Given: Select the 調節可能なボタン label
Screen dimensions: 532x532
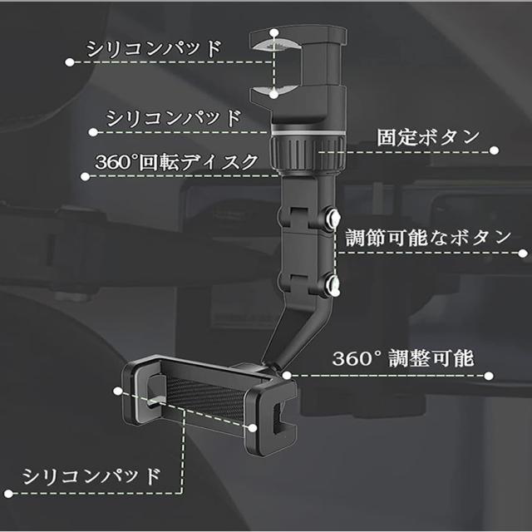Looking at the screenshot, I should [x=427, y=237].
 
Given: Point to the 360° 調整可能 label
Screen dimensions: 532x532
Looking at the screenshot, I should [x=403, y=359].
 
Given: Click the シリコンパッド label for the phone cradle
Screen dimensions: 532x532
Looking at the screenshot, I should [x=91, y=476].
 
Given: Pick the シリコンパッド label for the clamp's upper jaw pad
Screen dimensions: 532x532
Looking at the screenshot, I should [x=155, y=48].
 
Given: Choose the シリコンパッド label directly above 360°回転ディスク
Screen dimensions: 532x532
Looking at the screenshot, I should [x=173, y=117].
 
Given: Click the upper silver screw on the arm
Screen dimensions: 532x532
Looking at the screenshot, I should [x=333, y=219].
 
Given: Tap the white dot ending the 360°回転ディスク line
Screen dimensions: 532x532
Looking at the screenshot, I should [x=86, y=176].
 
